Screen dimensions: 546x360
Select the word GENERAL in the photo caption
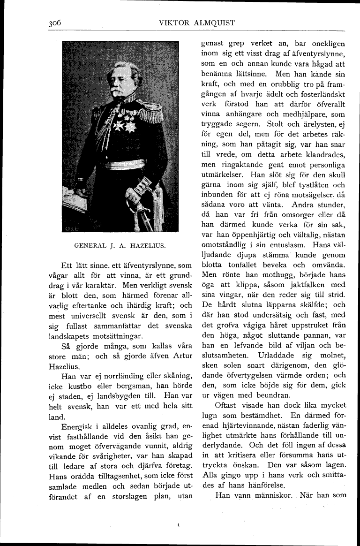[91, 245]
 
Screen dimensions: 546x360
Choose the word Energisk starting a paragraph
[78, 426]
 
